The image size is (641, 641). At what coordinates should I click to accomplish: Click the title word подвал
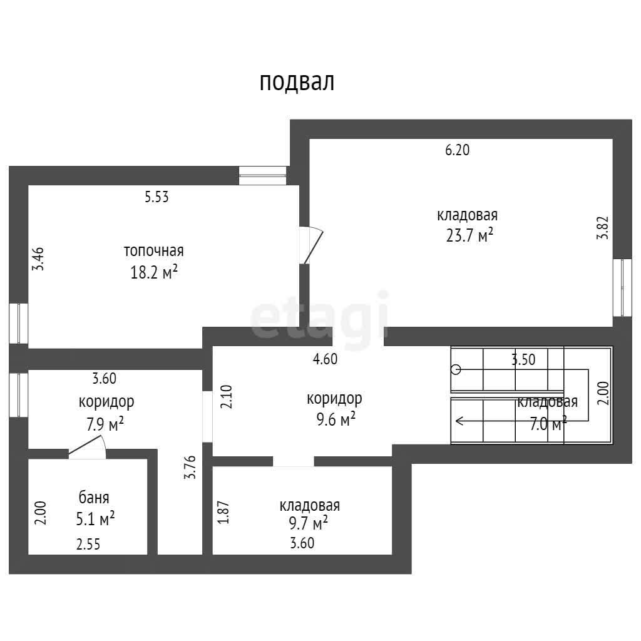tap(297, 82)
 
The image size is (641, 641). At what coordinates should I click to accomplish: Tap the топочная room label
tap(154, 250)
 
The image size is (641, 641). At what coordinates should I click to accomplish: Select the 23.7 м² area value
tap(469, 235)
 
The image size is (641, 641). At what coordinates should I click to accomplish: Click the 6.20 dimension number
tap(458, 150)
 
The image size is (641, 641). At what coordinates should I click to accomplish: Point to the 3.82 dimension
tap(603, 227)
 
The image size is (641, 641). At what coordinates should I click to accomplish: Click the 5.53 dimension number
tap(156, 197)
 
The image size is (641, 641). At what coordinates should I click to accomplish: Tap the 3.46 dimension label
tap(38, 259)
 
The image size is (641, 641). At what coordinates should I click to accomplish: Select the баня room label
tap(94, 498)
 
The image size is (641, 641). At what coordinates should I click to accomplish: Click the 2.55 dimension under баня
tap(88, 545)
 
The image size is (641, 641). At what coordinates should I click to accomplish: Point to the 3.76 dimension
tap(190, 467)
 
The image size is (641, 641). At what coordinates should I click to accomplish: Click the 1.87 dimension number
tap(223, 513)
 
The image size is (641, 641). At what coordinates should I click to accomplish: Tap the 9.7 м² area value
tap(308, 523)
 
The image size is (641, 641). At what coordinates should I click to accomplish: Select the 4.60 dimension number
tap(325, 359)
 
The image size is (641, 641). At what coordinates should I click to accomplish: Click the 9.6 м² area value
tap(336, 419)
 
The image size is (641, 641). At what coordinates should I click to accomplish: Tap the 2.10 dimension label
tap(226, 396)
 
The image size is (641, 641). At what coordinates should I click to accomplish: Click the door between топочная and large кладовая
tap(311, 245)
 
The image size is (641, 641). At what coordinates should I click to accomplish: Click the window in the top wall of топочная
tap(262, 176)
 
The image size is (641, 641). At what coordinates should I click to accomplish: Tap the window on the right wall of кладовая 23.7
tap(622, 287)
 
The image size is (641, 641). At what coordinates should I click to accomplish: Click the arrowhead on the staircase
tap(459, 420)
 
